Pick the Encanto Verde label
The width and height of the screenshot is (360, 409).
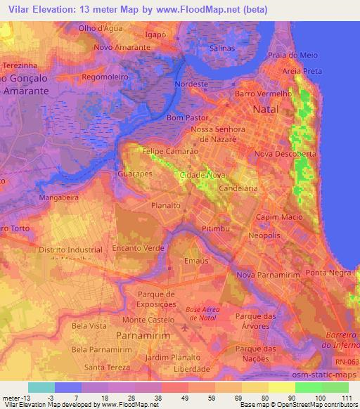[137, 248]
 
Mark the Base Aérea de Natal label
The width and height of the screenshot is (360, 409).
[207, 313]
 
